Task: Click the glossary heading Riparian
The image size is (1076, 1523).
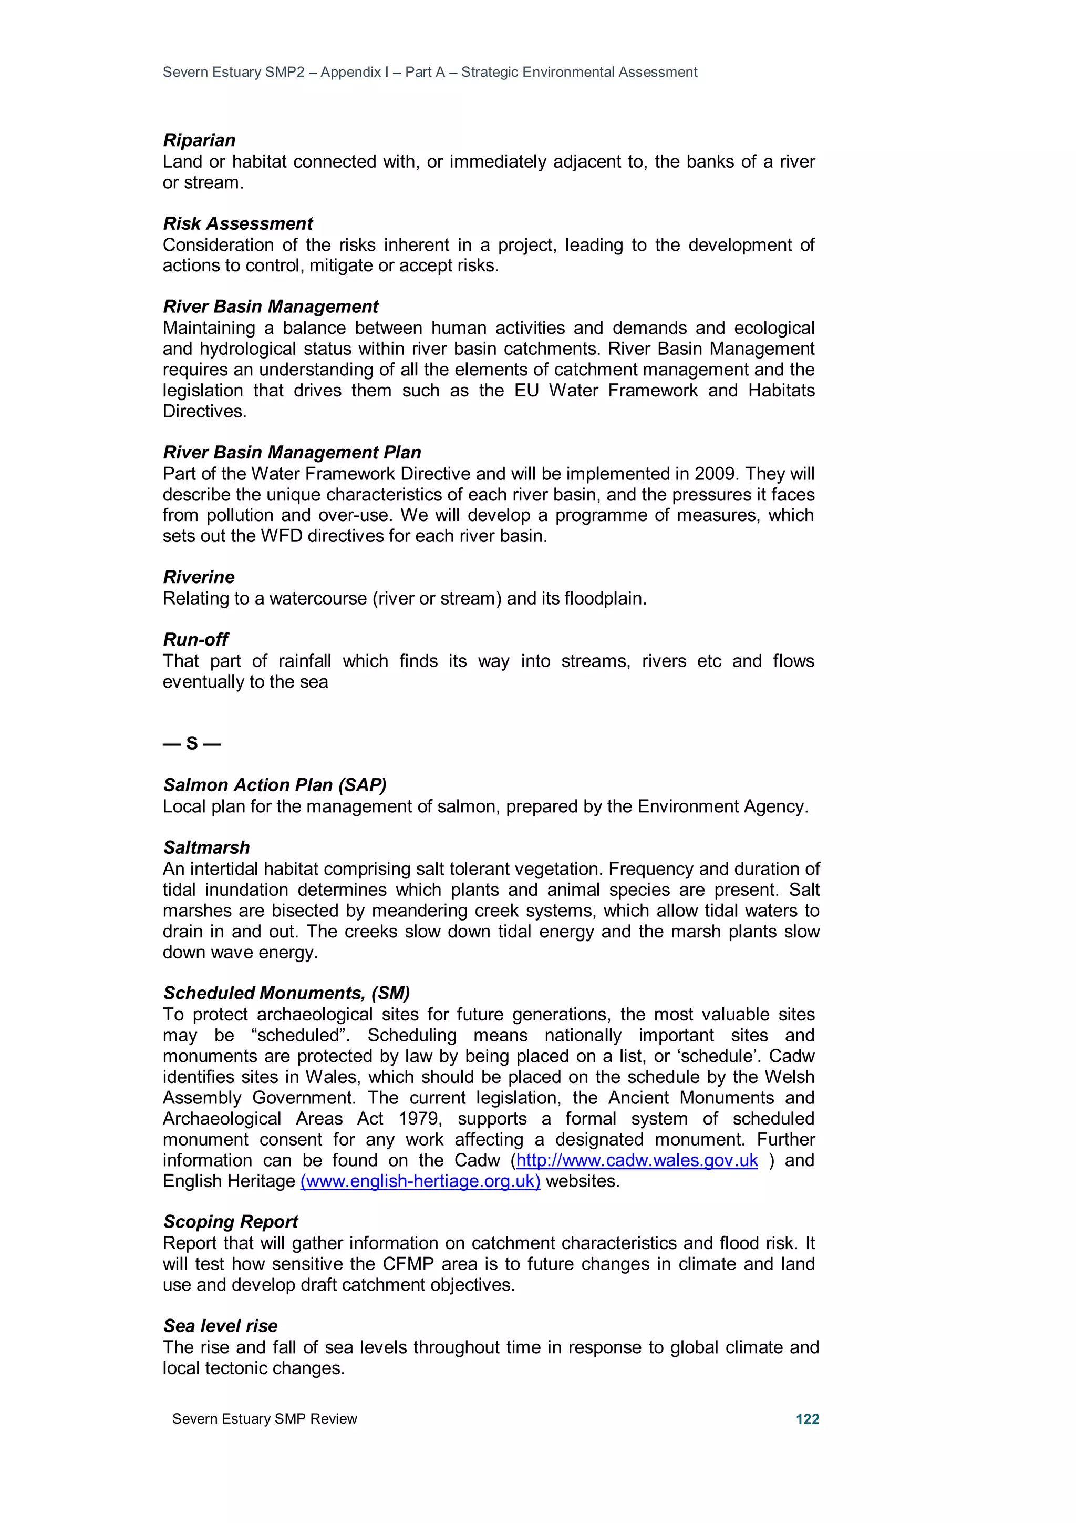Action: pos(199,140)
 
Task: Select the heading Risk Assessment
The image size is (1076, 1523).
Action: pos(237,223)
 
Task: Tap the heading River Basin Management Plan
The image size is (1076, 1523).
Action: pos(292,453)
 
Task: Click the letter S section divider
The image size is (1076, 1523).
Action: pos(192,743)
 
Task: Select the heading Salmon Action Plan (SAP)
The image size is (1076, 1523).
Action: pos(274,785)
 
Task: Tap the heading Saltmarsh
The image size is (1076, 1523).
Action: pos(206,848)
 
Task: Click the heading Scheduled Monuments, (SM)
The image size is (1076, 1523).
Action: pos(286,993)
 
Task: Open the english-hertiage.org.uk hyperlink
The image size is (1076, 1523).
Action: pos(420,1181)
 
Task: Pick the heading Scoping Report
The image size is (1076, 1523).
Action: pos(230,1222)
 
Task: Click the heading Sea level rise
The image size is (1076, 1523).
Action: pos(220,1326)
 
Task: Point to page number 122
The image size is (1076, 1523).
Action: pos(807,1419)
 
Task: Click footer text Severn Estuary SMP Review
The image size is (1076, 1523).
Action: pos(264,1419)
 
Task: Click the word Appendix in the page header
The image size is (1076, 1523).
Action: pos(351,73)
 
